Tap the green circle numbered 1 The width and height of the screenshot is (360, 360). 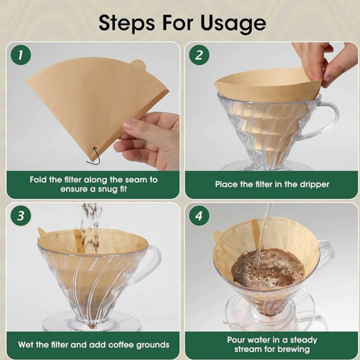pos(20,55)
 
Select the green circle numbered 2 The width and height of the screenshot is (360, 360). pos(199,55)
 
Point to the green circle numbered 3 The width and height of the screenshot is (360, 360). pos(20,216)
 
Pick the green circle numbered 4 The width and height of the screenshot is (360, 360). pos(199,216)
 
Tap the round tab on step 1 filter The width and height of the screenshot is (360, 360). pos(139,64)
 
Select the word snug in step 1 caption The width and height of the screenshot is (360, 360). pos(109,189)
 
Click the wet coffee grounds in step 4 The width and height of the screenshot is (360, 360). pos(268,268)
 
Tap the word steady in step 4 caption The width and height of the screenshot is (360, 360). pos(303,340)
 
